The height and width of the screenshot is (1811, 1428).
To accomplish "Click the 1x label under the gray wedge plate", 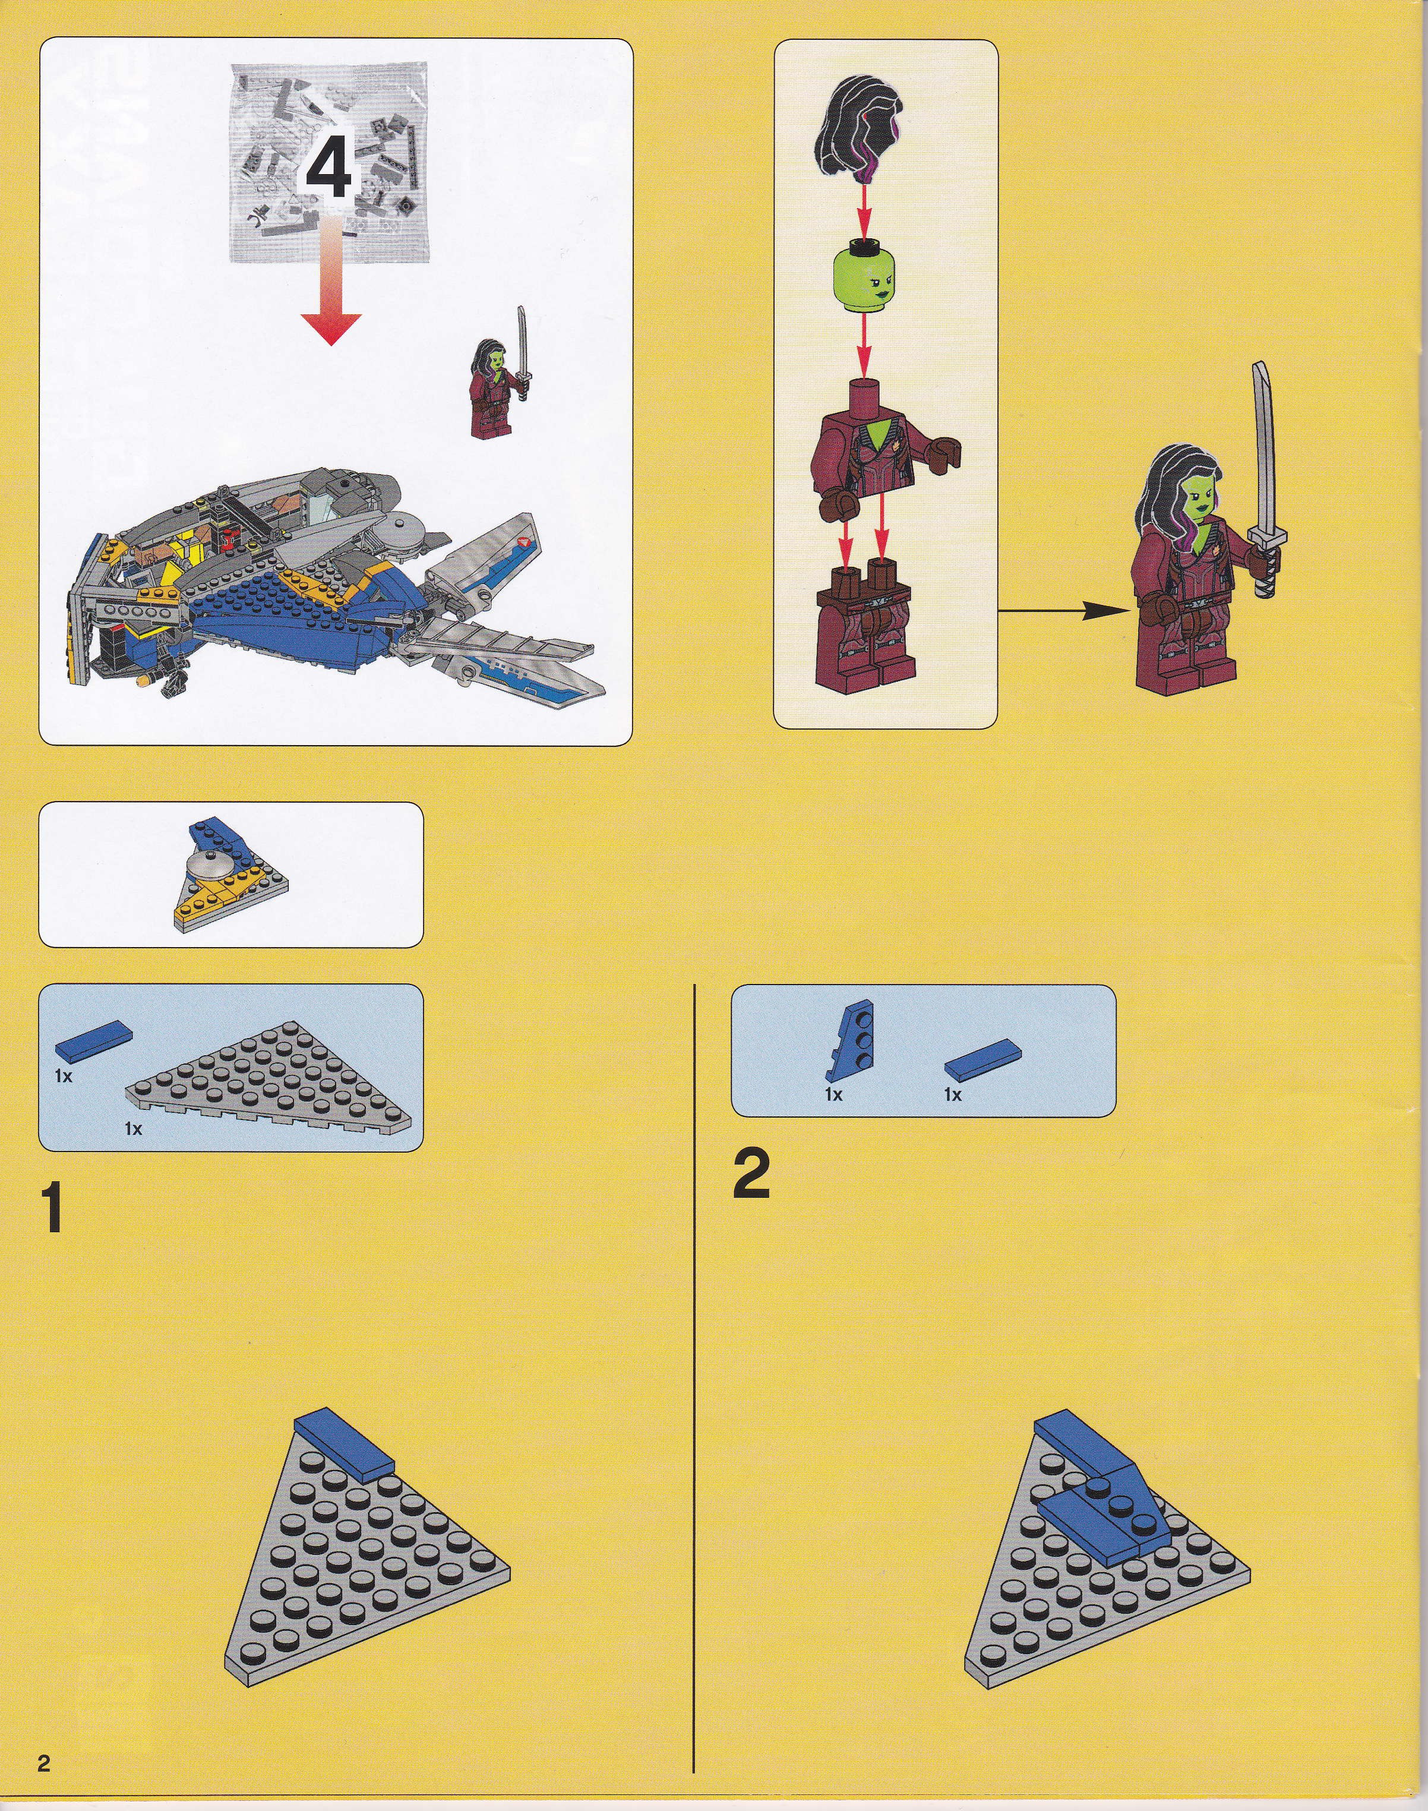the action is pos(133,1129).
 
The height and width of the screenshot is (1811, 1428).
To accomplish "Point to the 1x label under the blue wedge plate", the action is pos(833,1094).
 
